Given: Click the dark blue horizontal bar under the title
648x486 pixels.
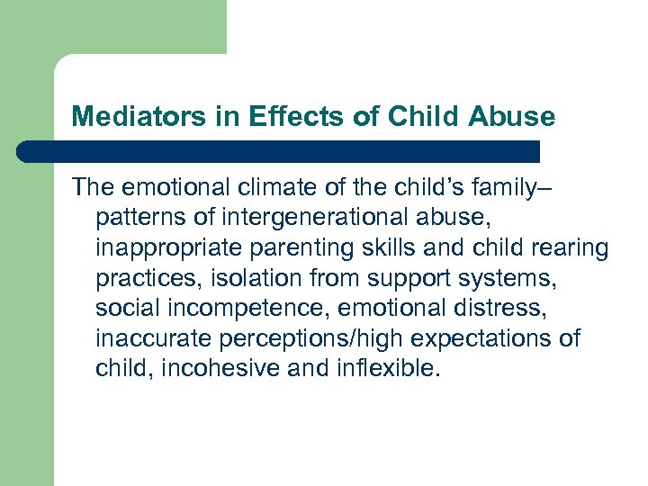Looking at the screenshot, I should coord(279,150).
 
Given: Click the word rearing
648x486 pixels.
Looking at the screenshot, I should coord(571,247).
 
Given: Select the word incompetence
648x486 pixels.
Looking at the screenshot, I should coord(236,309).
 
